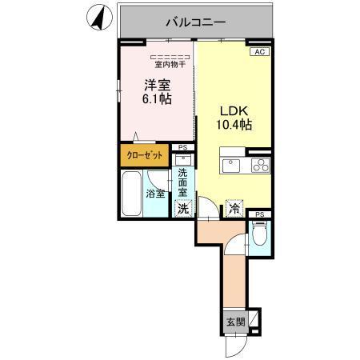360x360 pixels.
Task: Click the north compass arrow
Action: [x=100, y=18]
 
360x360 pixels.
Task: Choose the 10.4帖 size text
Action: [x=234, y=126]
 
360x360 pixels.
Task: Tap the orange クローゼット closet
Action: [x=144, y=156]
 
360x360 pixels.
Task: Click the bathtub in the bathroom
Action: [x=131, y=194]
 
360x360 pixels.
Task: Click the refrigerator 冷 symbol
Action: [x=234, y=208]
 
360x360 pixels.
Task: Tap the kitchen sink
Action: [x=231, y=166]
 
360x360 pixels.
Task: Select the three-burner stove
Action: [x=261, y=166]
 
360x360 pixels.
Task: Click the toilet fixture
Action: [x=258, y=234]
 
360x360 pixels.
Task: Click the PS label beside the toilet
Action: [x=259, y=214]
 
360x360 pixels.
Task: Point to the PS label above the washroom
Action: [x=182, y=147]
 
